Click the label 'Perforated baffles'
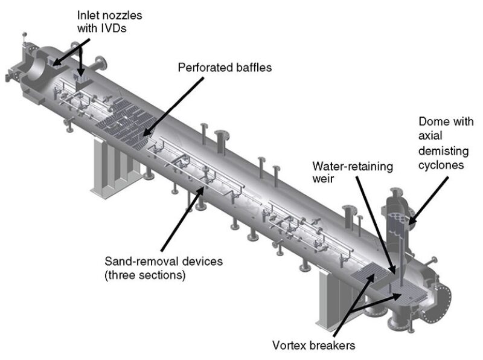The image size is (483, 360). pos(224,68)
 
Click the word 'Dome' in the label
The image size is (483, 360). pos(432,121)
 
